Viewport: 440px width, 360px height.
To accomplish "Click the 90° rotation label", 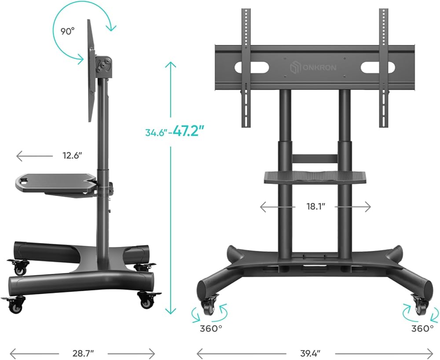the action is coord(68,31).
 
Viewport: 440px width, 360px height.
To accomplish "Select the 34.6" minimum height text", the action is coord(156,132).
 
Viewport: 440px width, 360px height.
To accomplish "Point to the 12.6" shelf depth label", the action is coord(72,155).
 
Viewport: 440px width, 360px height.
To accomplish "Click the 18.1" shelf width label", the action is coord(315,206).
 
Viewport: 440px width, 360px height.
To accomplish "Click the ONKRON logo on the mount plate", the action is coord(313,68).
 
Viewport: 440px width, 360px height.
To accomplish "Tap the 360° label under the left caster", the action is coord(211,328).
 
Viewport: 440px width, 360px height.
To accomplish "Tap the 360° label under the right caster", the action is coord(422,328).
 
